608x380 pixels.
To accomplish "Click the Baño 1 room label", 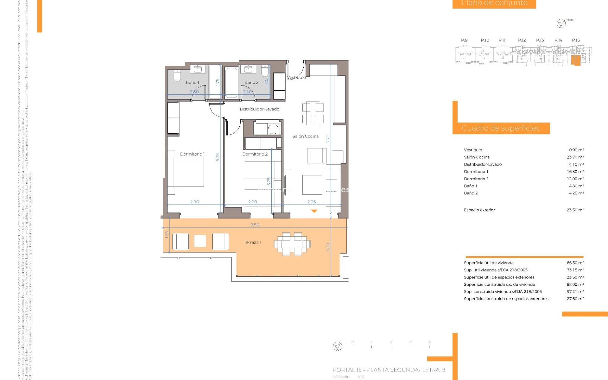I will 192,82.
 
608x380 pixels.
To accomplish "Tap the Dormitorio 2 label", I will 255,154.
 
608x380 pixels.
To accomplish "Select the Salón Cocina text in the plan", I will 305,136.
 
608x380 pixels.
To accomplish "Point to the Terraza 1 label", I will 252,242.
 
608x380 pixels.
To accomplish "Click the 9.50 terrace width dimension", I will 255,225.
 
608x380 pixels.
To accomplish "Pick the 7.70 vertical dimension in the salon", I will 328,139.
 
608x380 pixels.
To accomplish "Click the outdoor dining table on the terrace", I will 292,244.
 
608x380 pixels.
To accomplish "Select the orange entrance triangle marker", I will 314,211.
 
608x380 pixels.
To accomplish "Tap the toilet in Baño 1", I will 177,76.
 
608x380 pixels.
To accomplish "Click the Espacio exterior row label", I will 479,210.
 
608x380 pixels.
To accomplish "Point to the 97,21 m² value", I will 575,292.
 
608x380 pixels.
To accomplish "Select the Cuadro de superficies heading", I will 500,128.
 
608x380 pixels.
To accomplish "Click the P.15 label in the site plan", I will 576,40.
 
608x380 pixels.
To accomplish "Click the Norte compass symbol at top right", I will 561,23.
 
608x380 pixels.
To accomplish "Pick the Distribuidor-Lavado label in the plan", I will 259,109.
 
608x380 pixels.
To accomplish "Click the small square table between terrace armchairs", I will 200,241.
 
